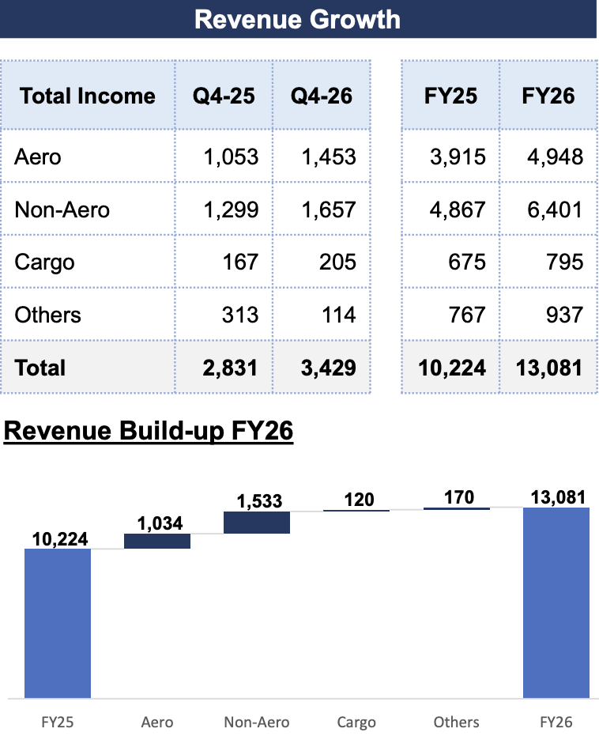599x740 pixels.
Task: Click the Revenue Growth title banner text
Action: pyautogui.click(x=298, y=19)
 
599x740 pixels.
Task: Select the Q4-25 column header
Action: pyautogui.click(x=224, y=96)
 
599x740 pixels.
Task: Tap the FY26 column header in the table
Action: pyautogui.click(x=548, y=96)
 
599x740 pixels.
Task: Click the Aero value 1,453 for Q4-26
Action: pyautogui.click(x=328, y=157)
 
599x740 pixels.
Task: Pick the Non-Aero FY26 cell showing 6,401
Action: pyautogui.click(x=555, y=210)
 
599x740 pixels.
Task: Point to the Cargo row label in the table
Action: pyautogui.click(x=44, y=262)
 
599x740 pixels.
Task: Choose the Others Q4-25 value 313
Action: pyautogui.click(x=240, y=315)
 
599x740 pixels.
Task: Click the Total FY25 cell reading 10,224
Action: pyautogui.click(x=452, y=368)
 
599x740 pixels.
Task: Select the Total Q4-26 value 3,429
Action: pyautogui.click(x=328, y=368)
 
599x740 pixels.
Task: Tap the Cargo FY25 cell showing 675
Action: pyautogui.click(x=466, y=262)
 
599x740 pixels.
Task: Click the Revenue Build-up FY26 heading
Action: pyautogui.click(x=149, y=431)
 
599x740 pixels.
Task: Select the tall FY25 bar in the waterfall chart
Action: pyautogui.click(x=58, y=624)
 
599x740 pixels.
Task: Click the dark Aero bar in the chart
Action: pyautogui.click(x=157, y=542)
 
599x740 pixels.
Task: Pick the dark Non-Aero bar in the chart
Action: pyautogui.click(x=257, y=523)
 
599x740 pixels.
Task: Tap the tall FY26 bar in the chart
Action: pyautogui.click(x=556, y=602)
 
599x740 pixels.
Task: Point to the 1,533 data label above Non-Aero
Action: pyautogui.click(x=259, y=501)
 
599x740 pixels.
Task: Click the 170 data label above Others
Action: pyautogui.click(x=459, y=497)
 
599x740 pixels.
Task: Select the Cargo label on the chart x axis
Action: pyautogui.click(x=356, y=723)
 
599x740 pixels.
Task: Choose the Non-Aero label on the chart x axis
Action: pyautogui.click(x=257, y=722)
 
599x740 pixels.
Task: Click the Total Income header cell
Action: pyautogui.click(x=87, y=96)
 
